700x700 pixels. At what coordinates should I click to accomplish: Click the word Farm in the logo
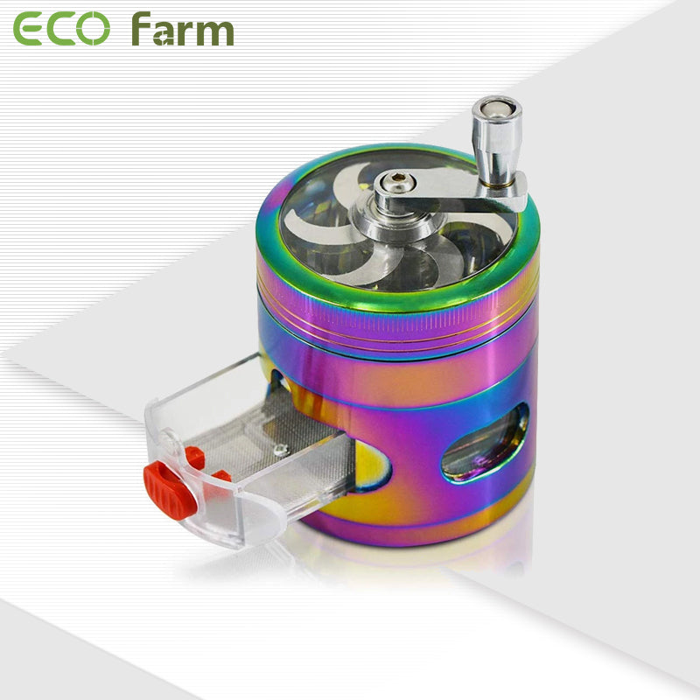(x=182, y=30)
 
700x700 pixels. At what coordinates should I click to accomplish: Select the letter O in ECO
(x=94, y=30)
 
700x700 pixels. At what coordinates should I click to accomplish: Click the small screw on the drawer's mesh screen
(x=279, y=450)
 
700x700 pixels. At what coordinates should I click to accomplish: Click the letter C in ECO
(x=61, y=30)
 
